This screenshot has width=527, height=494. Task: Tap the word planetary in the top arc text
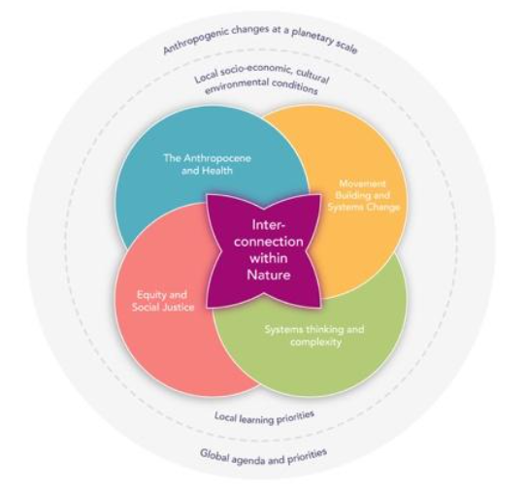click(x=313, y=35)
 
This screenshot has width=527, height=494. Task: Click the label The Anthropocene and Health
click(x=208, y=164)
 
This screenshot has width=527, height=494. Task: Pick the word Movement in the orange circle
click(x=362, y=183)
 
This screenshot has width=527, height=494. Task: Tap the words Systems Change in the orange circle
click(x=364, y=207)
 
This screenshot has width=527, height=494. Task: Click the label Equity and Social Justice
click(x=163, y=301)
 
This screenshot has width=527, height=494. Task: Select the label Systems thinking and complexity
click(x=314, y=336)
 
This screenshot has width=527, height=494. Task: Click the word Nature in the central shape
click(x=269, y=275)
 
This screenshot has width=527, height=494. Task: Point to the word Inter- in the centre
click(x=269, y=224)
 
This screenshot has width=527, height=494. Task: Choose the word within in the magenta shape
click(x=269, y=258)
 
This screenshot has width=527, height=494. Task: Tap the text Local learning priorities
click(x=265, y=417)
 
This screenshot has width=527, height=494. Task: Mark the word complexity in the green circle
click(x=316, y=342)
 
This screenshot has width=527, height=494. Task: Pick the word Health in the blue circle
click(x=218, y=171)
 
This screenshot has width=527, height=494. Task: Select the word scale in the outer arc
click(x=346, y=48)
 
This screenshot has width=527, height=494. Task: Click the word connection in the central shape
click(x=269, y=242)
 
